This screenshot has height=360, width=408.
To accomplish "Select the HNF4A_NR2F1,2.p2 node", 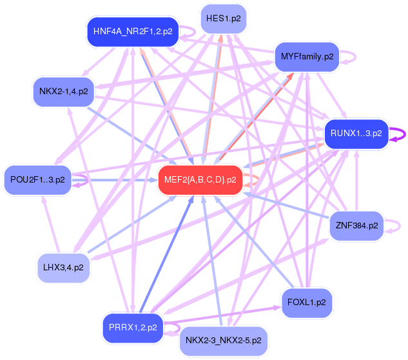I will tap(133, 32).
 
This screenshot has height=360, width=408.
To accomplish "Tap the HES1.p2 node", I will tap(223, 18).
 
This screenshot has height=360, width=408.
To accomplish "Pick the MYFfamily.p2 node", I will tap(307, 57).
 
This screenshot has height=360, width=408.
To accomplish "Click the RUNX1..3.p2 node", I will tap(356, 134).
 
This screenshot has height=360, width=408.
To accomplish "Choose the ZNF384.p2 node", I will tap(356, 226).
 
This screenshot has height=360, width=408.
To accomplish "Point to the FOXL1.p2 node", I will tap(307, 302).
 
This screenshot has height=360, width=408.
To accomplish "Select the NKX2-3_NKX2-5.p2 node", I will tap(223, 339).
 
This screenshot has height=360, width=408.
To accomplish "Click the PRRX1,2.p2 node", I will tap(133, 327).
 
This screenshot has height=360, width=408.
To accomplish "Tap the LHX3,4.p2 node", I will tap(63, 266).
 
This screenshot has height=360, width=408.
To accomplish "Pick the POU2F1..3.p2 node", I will tap(37, 179).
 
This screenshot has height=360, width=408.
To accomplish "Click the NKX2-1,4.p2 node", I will tap(63, 90).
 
